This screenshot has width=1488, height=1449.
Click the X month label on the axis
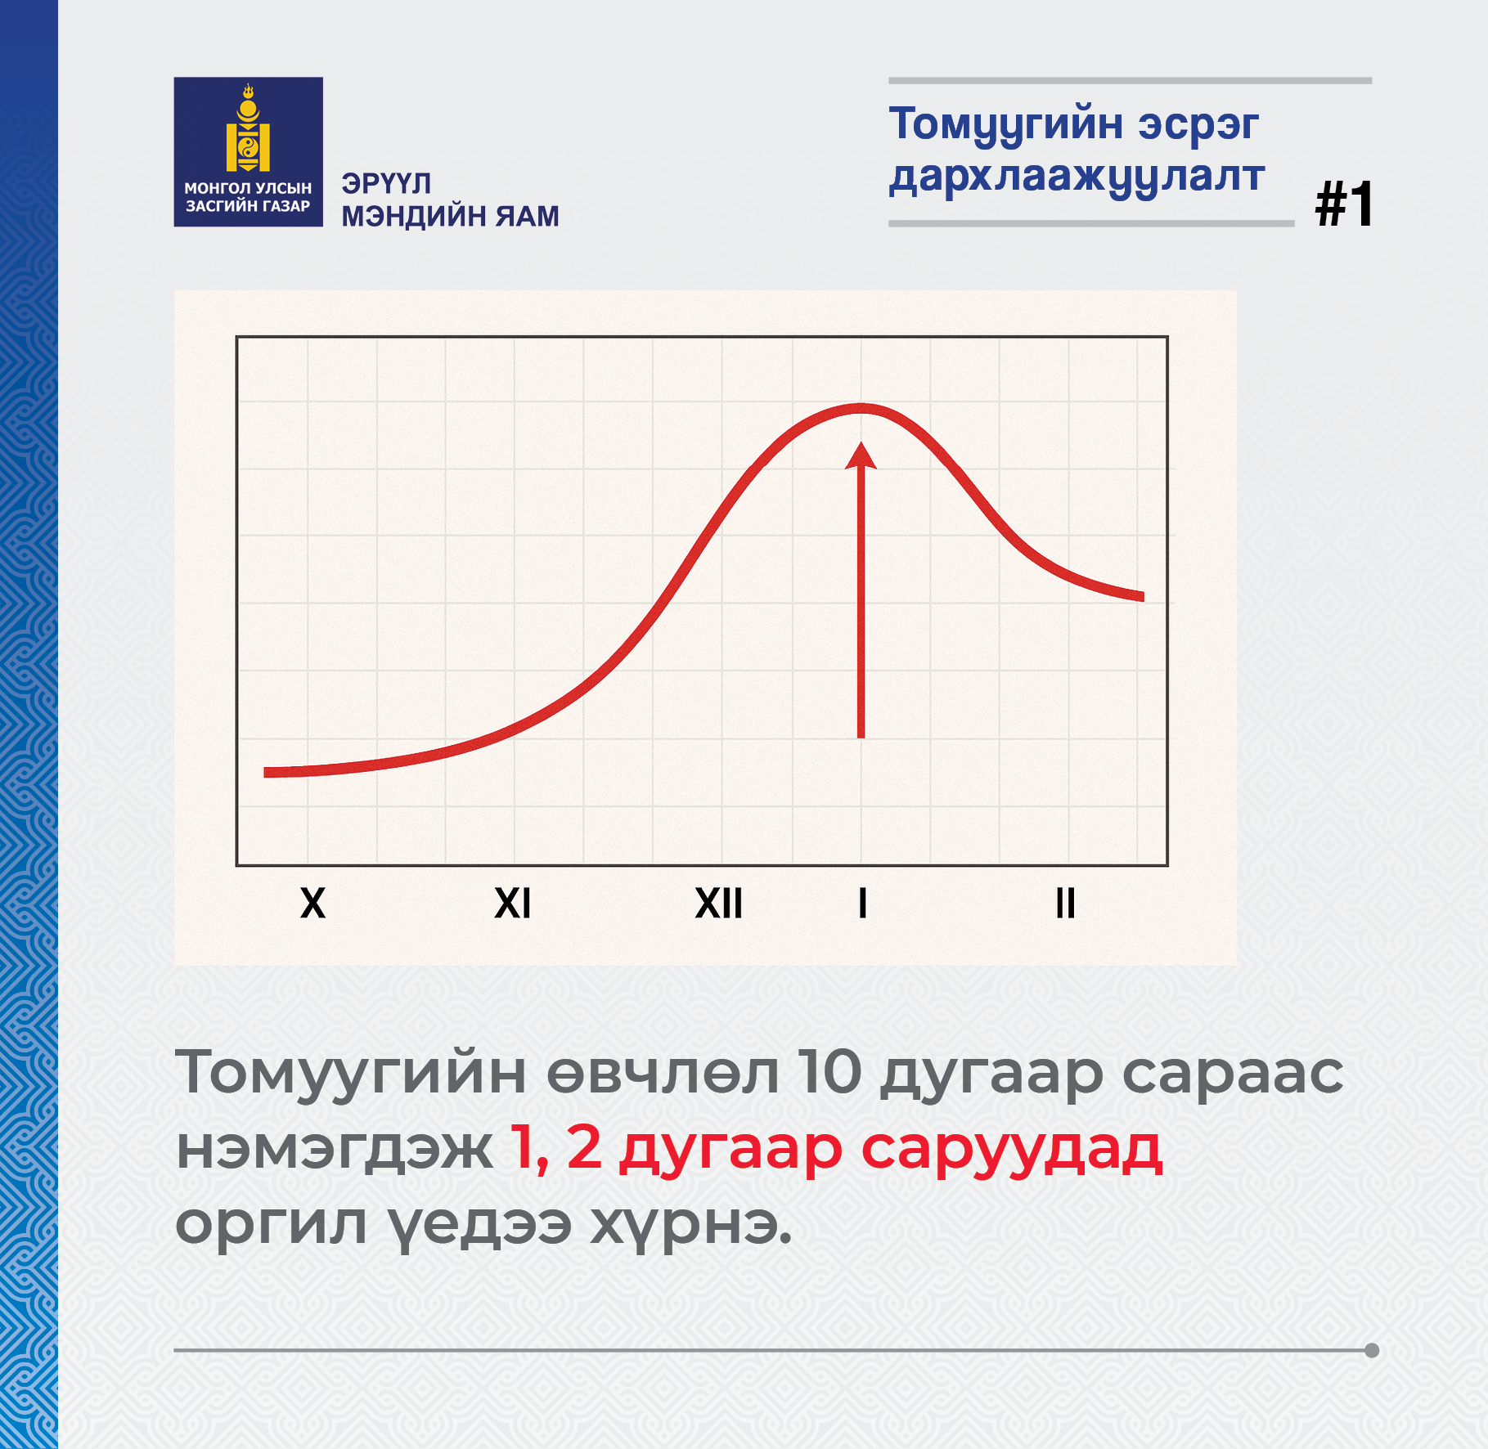tap(312, 904)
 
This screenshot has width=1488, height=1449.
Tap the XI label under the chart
tap(513, 904)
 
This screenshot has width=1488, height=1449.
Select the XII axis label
tap(719, 904)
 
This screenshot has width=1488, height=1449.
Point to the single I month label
tap(862, 904)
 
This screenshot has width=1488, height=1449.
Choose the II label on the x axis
tap(1065, 904)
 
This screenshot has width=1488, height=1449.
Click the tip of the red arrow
tap(861, 442)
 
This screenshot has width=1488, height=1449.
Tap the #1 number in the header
tap(1344, 204)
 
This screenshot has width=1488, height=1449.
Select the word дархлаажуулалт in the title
tap(1077, 177)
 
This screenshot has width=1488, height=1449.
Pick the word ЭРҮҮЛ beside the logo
tap(386, 184)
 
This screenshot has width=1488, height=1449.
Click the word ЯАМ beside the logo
tap(528, 217)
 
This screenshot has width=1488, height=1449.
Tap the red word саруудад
tap(1011, 1148)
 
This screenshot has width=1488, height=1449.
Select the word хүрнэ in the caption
tap(691, 1224)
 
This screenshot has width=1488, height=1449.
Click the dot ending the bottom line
tap(1372, 1350)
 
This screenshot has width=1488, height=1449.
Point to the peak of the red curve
tap(861, 408)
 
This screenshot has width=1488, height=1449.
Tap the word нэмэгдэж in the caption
tap(335, 1148)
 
